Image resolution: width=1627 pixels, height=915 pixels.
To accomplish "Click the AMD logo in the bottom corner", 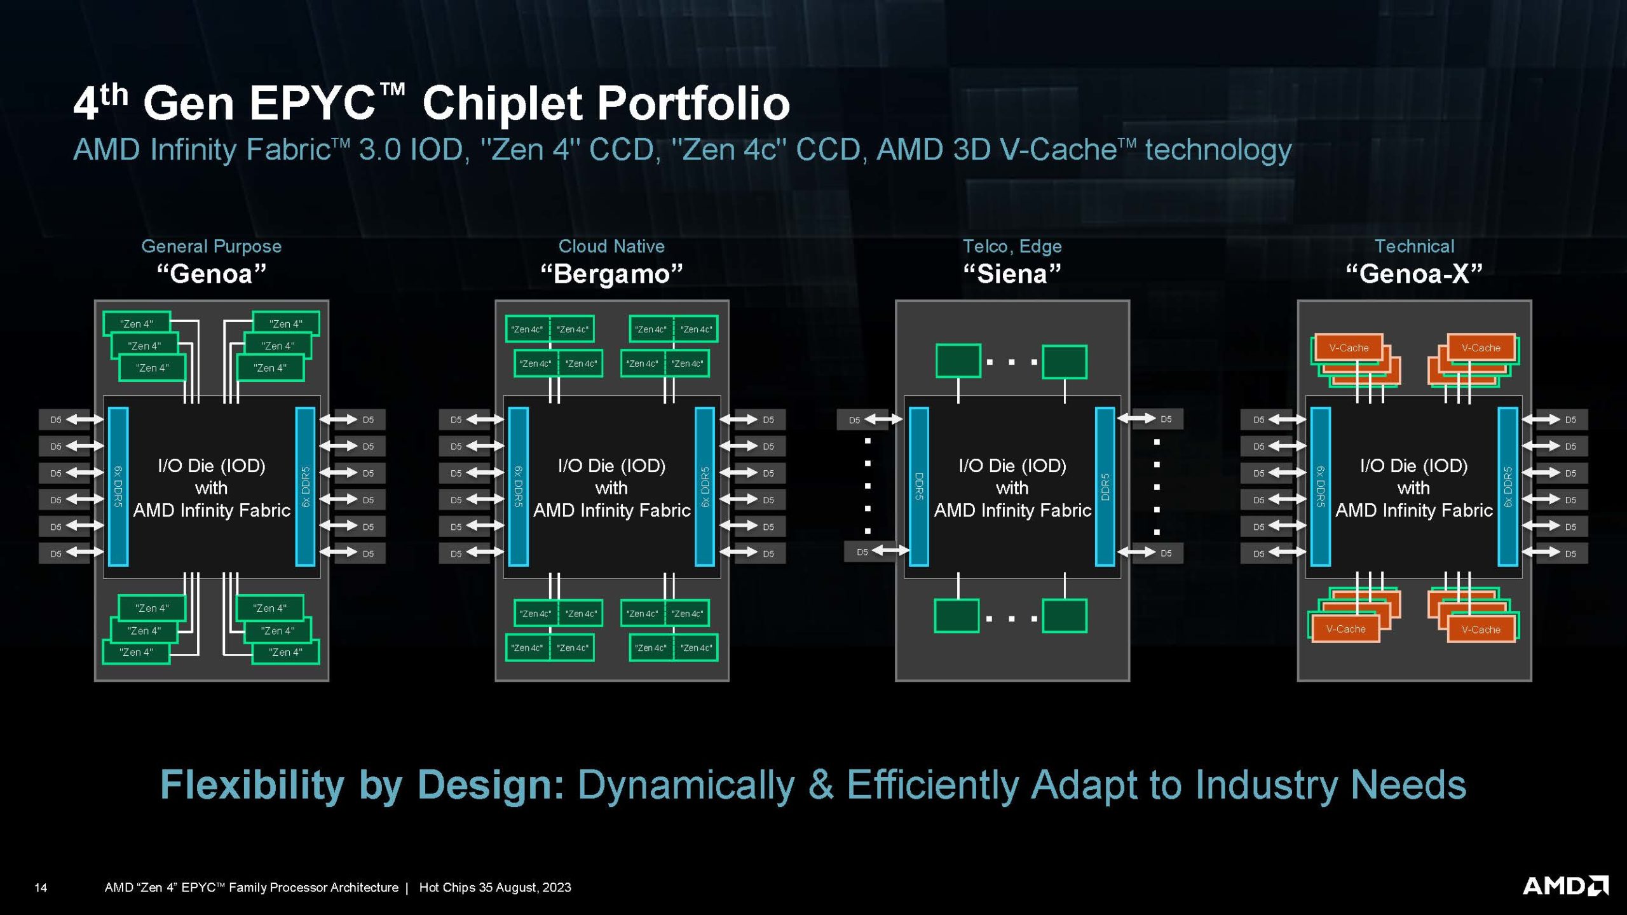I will (x=1565, y=886).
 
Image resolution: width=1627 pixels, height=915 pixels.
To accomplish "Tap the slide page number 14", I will (x=41, y=888).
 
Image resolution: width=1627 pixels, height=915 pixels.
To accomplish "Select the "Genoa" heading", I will (x=211, y=274).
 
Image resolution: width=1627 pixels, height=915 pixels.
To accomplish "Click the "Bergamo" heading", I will (x=611, y=274).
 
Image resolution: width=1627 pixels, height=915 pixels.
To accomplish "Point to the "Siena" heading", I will (x=1012, y=274).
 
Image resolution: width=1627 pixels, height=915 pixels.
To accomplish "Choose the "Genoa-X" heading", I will (x=1414, y=274).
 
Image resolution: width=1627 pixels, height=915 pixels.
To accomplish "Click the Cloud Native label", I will (x=611, y=246).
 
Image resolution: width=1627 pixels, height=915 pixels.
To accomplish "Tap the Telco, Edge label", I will (x=1012, y=246).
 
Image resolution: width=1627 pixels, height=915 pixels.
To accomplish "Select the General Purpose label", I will (x=211, y=246).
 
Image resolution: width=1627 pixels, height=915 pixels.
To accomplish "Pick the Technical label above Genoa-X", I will (x=1414, y=246).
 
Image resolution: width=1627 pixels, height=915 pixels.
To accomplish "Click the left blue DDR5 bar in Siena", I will (x=919, y=486).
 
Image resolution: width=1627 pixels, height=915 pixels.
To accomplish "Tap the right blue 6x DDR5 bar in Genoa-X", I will (x=1508, y=486).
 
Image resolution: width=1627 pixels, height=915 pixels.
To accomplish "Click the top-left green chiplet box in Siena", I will (x=958, y=361).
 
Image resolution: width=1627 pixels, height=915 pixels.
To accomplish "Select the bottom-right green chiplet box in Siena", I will (x=1065, y=616).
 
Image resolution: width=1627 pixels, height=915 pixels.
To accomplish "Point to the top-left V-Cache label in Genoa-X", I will (x=1349, y=348).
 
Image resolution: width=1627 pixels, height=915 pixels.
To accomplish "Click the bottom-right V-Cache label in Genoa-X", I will (x=1480, y=630).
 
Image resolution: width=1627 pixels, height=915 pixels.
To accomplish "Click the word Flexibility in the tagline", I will (x=253, y=785).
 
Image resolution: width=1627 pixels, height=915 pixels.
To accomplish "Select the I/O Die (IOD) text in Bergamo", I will (x=611, y=466).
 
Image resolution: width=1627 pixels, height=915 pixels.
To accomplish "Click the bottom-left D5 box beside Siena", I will (x=862, y=552).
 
